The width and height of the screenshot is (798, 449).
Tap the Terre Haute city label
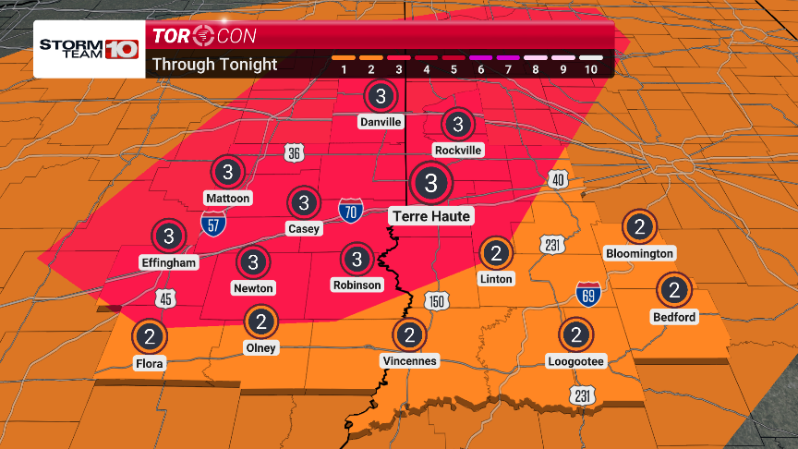point(430,216)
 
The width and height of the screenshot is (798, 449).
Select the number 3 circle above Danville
point(380,95)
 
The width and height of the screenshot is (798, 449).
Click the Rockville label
point(457,150)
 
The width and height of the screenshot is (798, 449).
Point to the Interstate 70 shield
point(350,211)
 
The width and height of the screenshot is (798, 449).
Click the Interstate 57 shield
point(212,222)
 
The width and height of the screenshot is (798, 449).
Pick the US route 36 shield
point(294,155)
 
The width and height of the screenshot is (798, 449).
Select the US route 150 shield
point(436,302)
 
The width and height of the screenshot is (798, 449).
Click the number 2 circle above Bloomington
point(639,225)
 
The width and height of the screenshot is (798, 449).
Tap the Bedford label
point(674,317)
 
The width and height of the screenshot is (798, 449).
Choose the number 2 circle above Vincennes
point(408,334)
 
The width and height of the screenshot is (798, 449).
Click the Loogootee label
point(575,361)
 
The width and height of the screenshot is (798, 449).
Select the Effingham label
point(169,262)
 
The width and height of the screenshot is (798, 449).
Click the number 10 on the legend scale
point(591,69)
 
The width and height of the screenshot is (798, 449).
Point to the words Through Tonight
point(214,65)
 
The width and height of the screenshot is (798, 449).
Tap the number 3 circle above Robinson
point(357,258)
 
